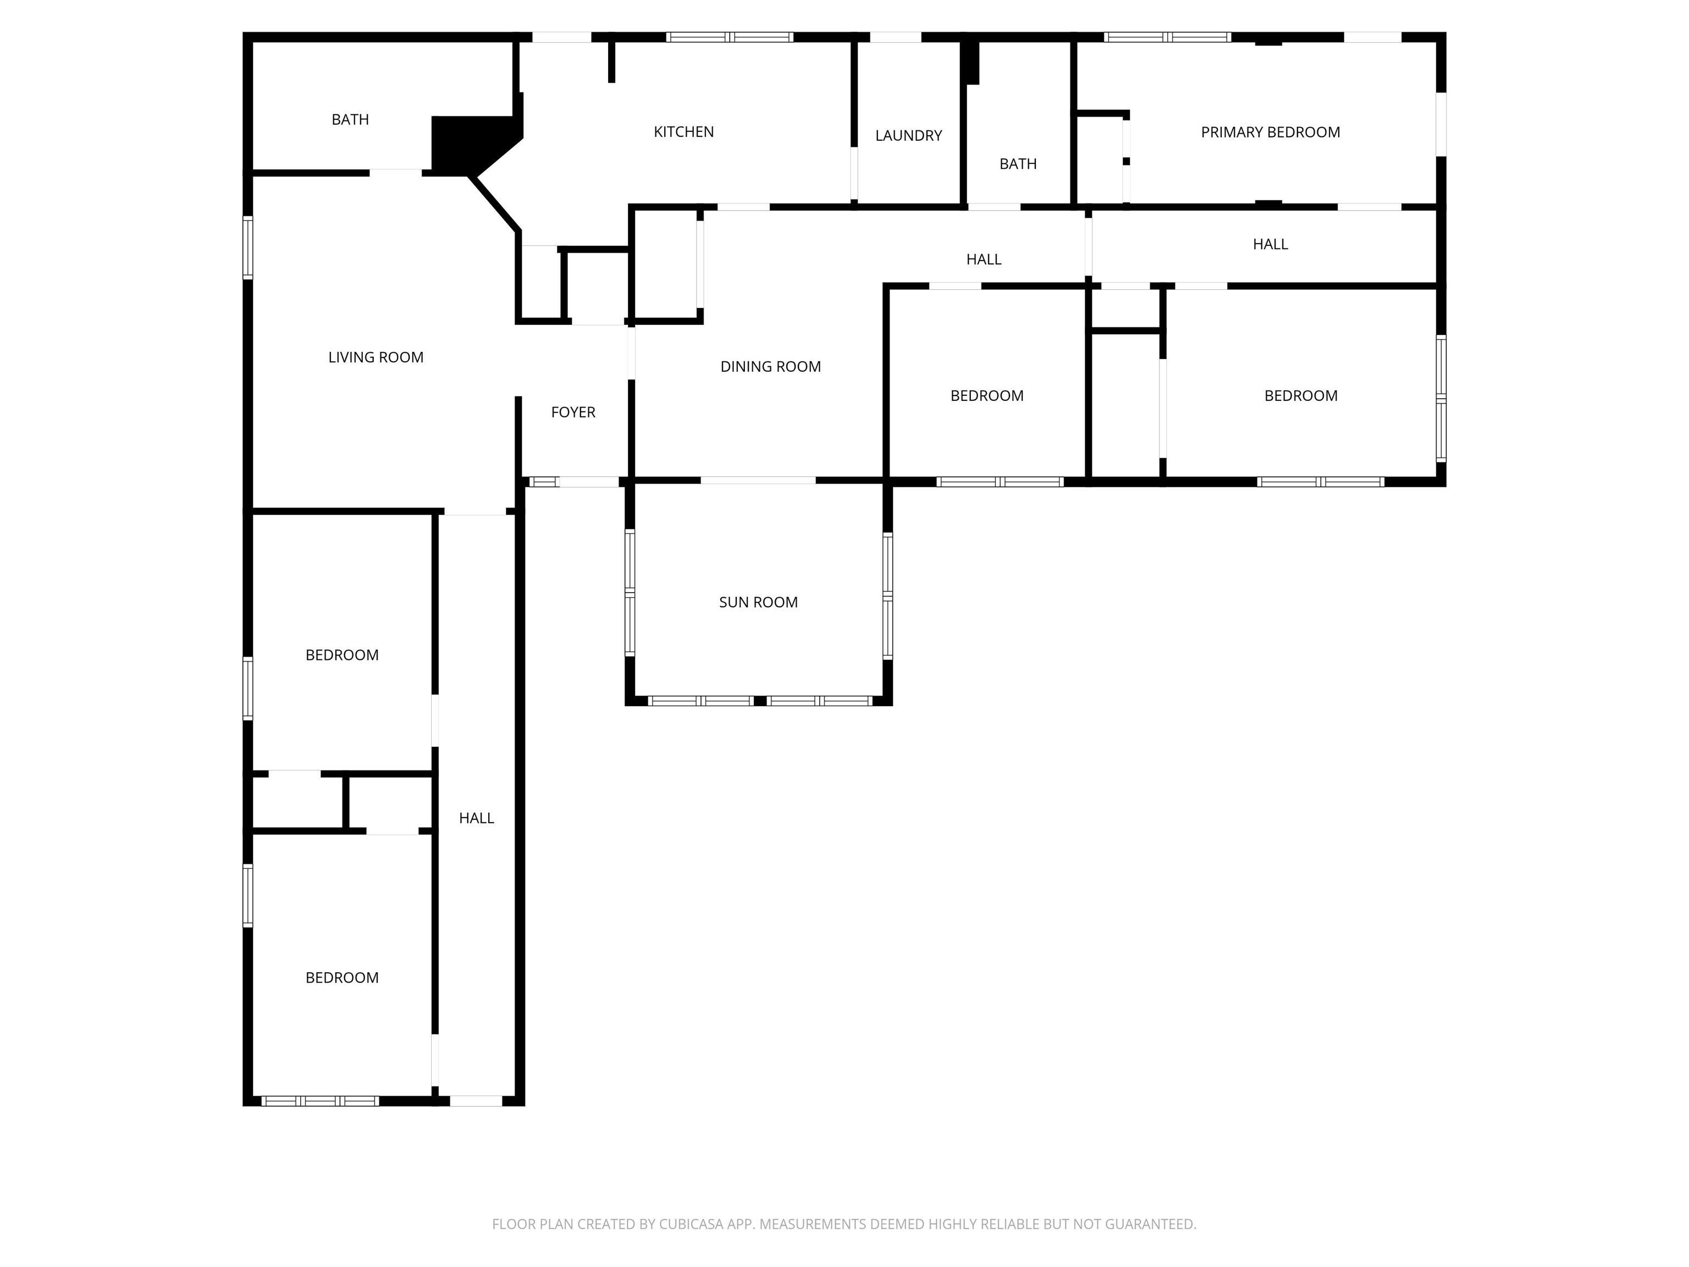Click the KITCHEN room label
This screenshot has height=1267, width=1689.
683,132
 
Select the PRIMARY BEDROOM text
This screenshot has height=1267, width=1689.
1270,132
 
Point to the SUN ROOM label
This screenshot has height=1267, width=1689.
758,603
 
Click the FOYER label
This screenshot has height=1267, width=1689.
573,412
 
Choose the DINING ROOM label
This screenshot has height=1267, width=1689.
770,367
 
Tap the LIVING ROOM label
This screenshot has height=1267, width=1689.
376,357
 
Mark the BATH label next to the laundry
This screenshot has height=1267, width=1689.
1018,164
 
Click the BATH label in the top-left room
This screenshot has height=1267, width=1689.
350,120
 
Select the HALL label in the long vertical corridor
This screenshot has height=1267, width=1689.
477,819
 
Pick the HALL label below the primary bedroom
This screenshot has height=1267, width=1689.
1270,244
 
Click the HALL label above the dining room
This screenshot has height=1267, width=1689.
984,260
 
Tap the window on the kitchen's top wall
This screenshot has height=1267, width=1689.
730,37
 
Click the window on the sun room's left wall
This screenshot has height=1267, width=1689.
630,593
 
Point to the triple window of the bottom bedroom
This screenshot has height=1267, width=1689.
320,1101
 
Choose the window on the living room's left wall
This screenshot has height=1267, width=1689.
248,247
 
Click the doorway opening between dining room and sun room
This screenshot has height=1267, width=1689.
758,481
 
